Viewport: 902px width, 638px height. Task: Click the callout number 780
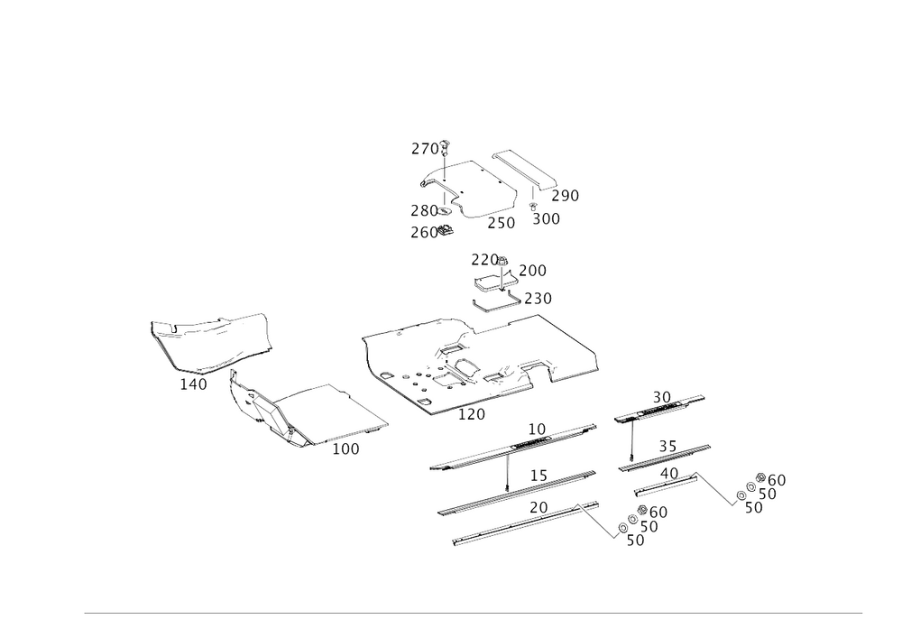pos(424,210)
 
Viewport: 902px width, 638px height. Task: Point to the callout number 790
pos(566,195)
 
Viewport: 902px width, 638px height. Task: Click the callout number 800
pos(545,219)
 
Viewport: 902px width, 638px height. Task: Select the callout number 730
pos(538,298)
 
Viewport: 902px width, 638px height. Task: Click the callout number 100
pos(345,449)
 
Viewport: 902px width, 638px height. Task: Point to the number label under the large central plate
pos(472,413)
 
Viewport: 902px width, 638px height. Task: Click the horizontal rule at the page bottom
pos(473,613)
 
